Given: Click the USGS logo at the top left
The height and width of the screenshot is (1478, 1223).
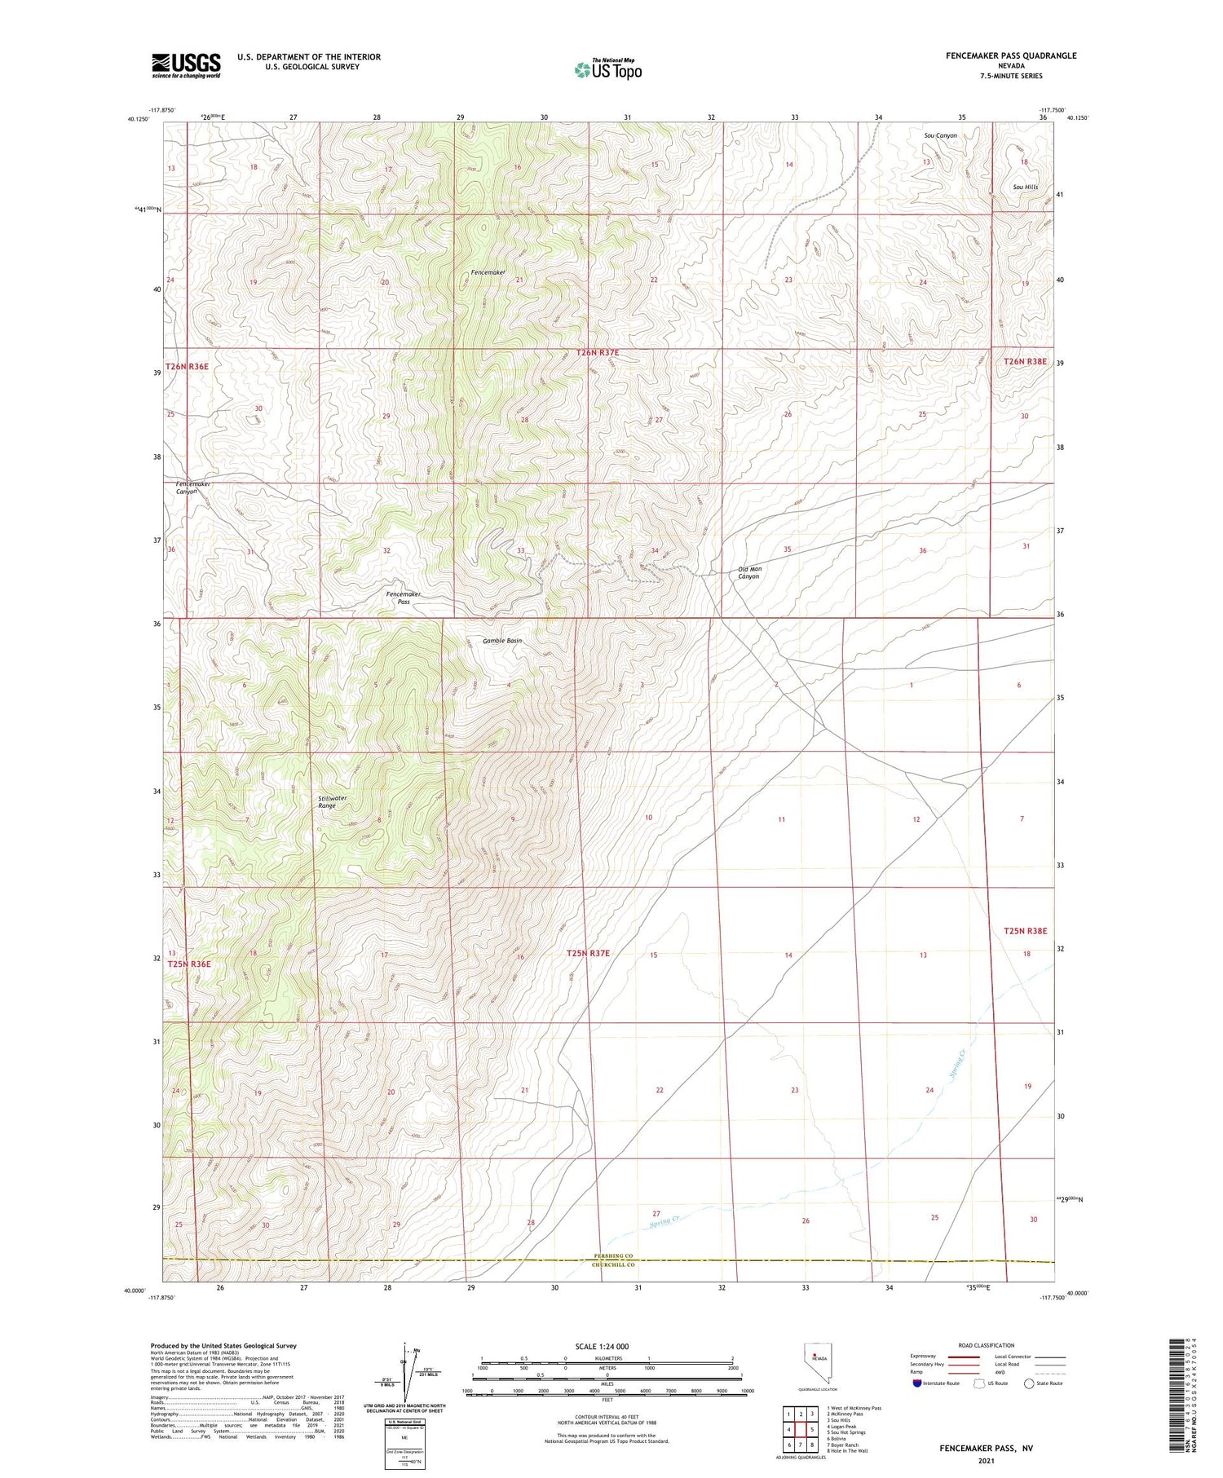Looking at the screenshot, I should tap(186, 65).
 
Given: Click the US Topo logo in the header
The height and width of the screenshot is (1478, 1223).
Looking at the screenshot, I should tap(608, 70).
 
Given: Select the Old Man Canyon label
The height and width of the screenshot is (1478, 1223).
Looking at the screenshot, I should tap(749, 572).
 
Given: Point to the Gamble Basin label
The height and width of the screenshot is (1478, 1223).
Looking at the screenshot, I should tap(502, 641).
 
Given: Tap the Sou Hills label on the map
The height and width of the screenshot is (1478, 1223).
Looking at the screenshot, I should tap(1026, 187).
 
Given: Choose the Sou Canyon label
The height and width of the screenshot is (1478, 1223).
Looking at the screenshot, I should tap(940, 135).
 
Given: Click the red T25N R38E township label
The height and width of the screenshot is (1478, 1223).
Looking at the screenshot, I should tap(1025, 930).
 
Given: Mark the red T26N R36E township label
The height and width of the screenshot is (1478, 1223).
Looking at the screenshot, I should tap(187, 367).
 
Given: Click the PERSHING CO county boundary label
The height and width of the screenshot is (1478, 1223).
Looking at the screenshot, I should tap(612, 1255).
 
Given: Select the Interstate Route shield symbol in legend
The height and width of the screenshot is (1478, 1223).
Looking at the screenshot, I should tap(917, 1383).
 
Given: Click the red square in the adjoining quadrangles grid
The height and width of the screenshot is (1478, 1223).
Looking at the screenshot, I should tap(812, 1429).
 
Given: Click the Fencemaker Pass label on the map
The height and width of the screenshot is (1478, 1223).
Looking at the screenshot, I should tap(404, 598).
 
